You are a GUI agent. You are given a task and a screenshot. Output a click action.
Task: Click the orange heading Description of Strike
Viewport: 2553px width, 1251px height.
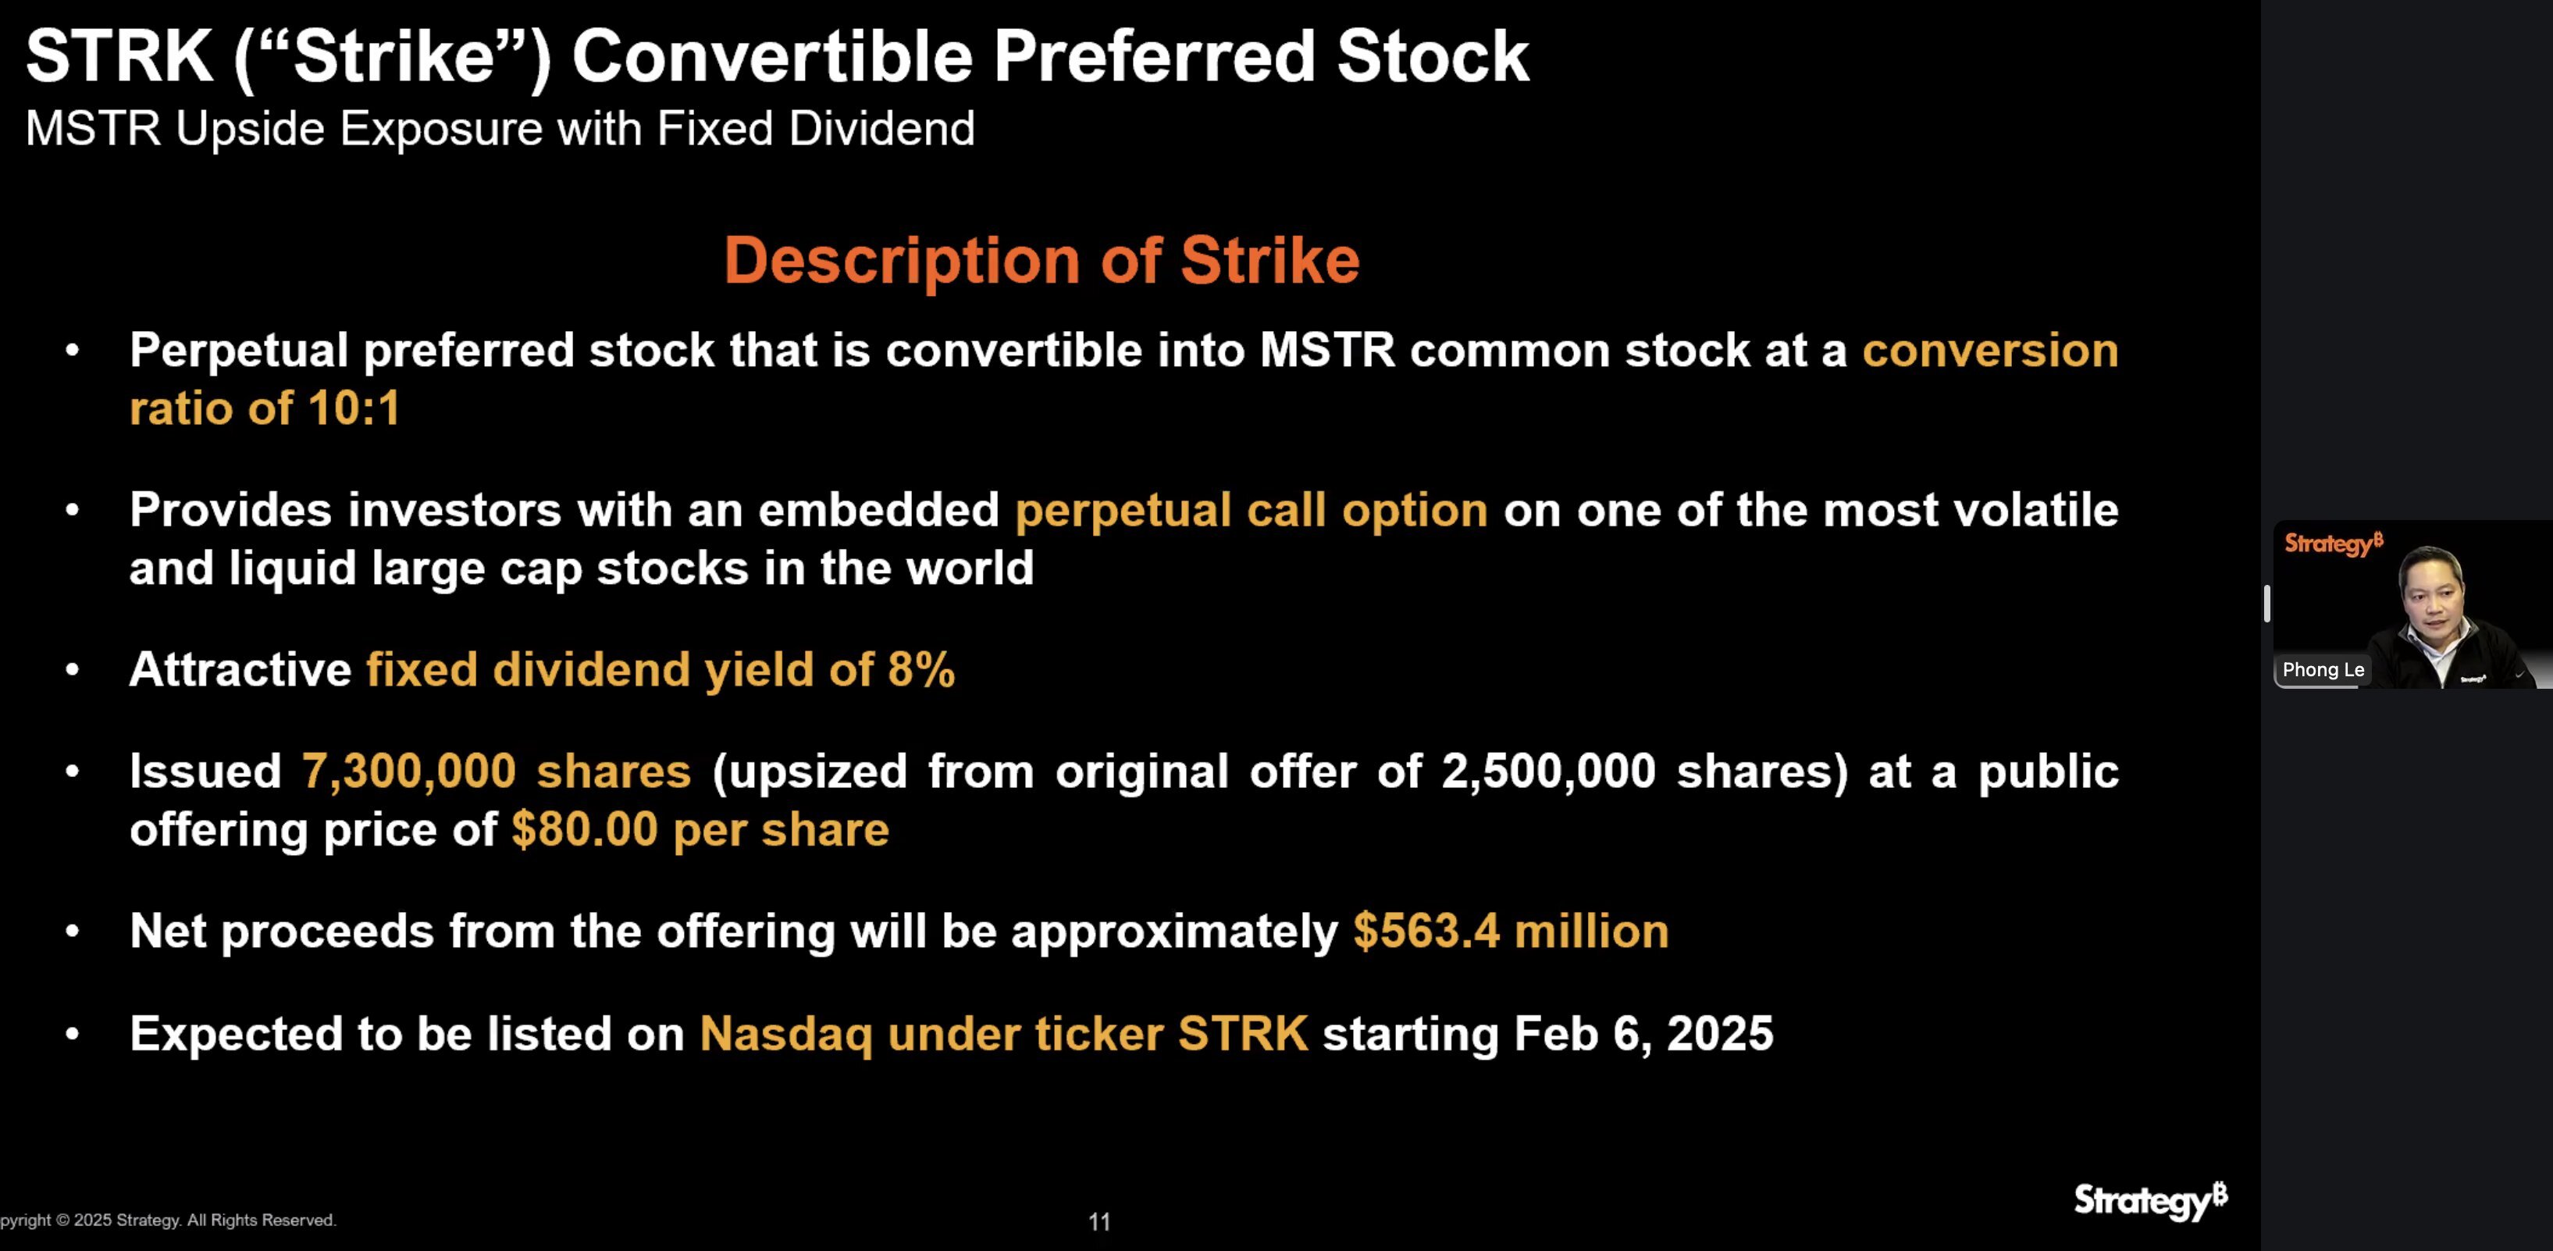click(1041, 261)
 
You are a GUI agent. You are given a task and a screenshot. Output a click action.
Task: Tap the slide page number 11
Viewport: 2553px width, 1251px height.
click(1099, 1221)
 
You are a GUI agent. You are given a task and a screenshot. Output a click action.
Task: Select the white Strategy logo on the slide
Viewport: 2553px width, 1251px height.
click(2151, 1200)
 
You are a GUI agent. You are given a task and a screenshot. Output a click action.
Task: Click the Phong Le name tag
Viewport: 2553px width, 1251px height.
click(2323, 669)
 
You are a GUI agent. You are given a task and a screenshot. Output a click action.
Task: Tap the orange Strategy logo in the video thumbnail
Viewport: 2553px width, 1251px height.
click(2334, 544)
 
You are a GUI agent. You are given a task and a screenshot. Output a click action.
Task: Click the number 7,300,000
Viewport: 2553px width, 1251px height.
click(408, 772)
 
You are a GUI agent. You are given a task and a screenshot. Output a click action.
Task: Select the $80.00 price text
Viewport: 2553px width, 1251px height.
click(585, 829)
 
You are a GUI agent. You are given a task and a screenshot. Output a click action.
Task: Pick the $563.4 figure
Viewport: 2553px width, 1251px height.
click(1427, 931)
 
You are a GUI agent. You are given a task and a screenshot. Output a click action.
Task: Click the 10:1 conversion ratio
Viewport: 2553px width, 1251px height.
click(354, 408)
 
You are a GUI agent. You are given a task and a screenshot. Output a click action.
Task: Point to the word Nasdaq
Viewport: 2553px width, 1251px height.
click(786, 1034)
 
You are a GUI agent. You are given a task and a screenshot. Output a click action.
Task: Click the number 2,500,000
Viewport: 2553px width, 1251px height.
click(1548, 772)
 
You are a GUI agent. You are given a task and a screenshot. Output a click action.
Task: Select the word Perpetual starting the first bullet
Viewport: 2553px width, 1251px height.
click(239, 351)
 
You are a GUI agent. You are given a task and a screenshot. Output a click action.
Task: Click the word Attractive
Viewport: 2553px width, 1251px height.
click(240, 669)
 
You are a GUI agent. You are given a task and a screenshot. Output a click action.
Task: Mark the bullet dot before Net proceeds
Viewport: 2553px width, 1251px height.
click(73, 932)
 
